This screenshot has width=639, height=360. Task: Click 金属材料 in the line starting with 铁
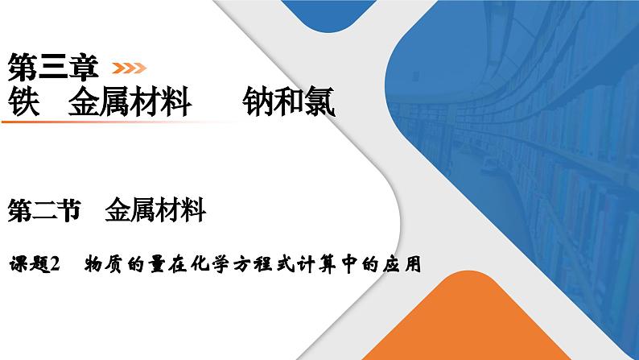[x=129, y=103]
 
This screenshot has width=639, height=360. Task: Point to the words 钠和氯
[x=287, y=103]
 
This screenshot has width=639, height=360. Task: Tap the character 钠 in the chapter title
[x=257, y=103]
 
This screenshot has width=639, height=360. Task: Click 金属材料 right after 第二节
[x=155, y=212]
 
